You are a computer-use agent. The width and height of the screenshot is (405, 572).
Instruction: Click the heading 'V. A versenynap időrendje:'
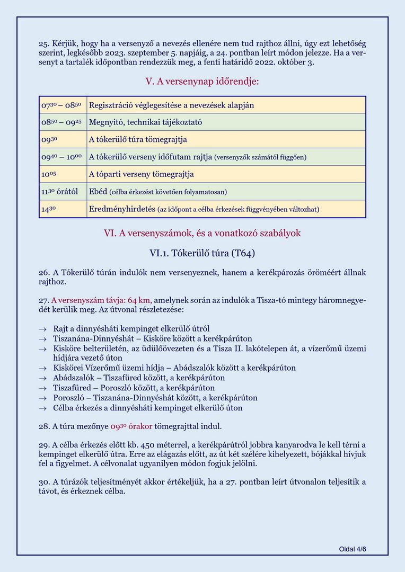[x=202, y=82]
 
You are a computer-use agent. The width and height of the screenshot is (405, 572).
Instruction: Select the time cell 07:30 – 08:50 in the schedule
[x=61, y=105]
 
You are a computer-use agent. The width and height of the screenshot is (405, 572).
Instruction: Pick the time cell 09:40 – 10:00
[x=61, y=157]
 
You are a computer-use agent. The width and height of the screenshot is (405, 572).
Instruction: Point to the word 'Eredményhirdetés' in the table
[x=122, y=209]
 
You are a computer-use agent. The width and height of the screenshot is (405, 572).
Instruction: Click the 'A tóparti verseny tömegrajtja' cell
[x=141, y=174]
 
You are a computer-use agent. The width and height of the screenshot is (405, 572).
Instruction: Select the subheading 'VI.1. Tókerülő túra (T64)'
[x=202, y=253]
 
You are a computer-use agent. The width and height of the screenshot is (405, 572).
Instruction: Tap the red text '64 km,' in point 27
[x=139, y=300]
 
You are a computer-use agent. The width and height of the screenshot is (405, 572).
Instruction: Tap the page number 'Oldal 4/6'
[x=353, y=549]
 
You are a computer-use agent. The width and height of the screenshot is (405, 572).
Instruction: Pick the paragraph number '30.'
[x=44, y=481]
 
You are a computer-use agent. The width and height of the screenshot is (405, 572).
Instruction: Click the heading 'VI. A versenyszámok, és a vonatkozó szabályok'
[x=202, y=233]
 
